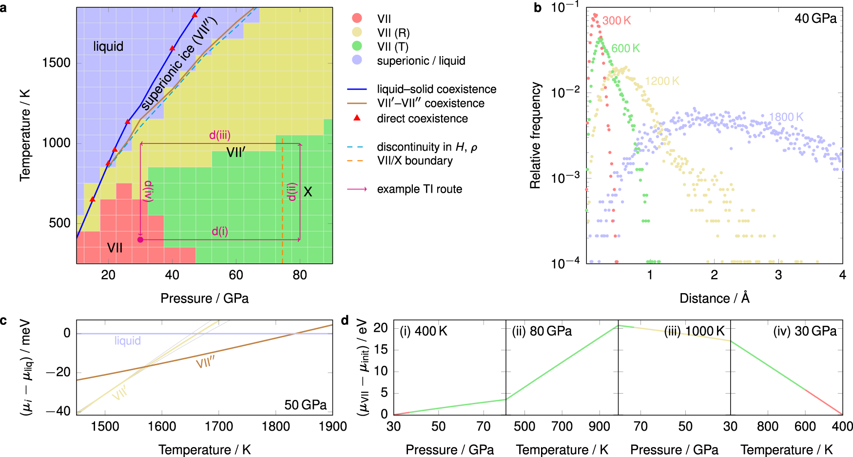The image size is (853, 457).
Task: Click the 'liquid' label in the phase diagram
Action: (x=108, y=46)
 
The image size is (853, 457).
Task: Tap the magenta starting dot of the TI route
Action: (x=140, y=239)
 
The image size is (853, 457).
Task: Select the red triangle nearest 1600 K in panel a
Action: (x=172, y=48)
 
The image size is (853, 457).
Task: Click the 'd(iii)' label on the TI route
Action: (x=220, y=135)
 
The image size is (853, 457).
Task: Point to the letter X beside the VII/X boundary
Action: (x=308, y=192)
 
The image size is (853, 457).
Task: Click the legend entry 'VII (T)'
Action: (x=393, y=47)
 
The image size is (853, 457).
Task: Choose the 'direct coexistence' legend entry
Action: (x=422, y=119)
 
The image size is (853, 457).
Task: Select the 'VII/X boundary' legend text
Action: (x=415, y=160)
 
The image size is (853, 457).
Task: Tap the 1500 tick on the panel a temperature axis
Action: (x=56, y=63)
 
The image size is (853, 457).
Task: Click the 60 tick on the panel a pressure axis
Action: (x=236, y=275)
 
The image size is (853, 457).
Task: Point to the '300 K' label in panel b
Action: (x=617, y=20)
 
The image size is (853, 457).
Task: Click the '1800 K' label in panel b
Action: (x=786, y=117)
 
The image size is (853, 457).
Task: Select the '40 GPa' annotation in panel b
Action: (x=815, y=19)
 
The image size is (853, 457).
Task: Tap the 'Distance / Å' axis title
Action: (x=714, y=298)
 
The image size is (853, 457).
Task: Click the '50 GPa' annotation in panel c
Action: (x=305, y=405)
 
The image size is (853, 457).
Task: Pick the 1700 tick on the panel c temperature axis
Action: (x=219, y=427)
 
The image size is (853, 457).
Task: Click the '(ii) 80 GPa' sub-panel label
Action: (x=542, y=331)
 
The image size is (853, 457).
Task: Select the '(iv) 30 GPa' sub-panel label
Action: (x=805, y=331)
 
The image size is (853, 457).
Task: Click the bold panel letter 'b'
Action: (x=538, y=8)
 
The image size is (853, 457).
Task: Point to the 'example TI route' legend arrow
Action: (x=357, y=189)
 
